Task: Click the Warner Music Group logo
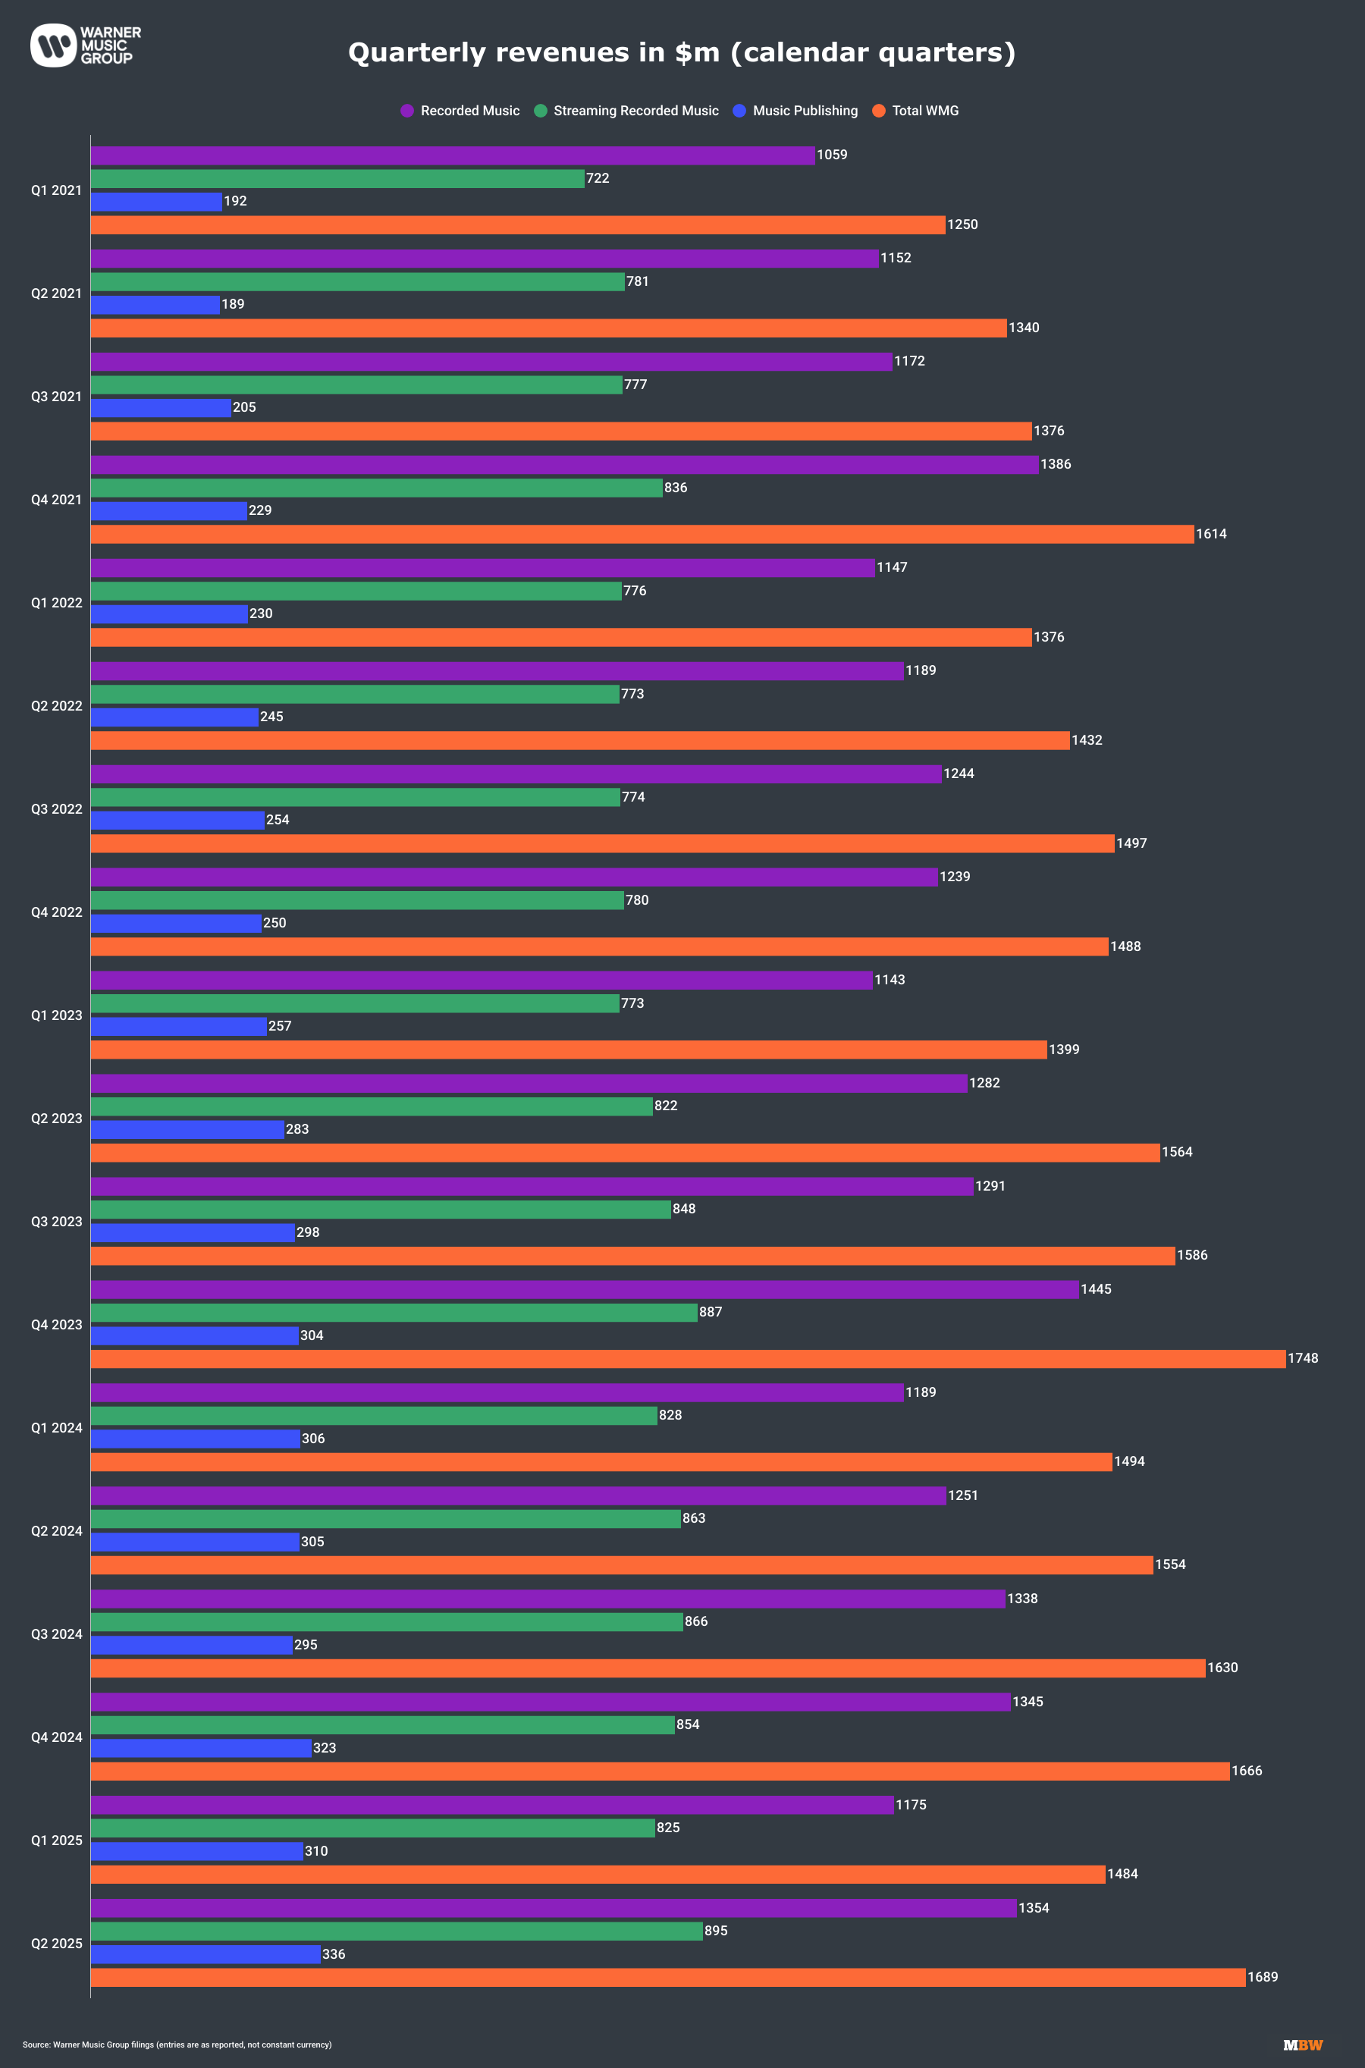(x=85, y=46)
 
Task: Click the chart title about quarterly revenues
(x=682, y=52)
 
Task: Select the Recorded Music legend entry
(x=460, y=111)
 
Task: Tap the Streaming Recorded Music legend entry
(x=627, y=111)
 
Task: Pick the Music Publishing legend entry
(x=795, y=111)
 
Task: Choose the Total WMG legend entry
(x=916, y=111)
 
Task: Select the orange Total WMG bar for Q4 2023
(x=688, y=1359)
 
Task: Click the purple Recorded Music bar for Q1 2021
(x=453, y=155)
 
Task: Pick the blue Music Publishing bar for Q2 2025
(x=206, y=1954)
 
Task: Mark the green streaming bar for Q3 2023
(x=381, y=1209)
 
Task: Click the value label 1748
(x=1302, y=1359)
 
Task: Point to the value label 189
(x=233, y=304)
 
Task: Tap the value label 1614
(x=1211, y=534)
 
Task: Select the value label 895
(x=716, y=1931)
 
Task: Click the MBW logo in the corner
(x=1302, y=2044)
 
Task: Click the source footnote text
(x=177, y=2044)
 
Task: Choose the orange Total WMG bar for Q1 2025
(x=598, y=1874)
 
